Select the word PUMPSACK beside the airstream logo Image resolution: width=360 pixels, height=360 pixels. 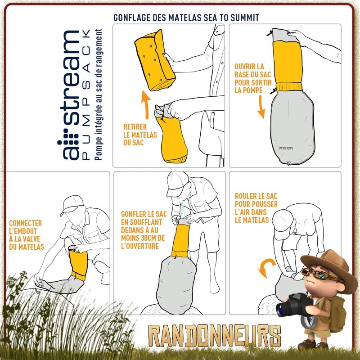(x=86, y=94)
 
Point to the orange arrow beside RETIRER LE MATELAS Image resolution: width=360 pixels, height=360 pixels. (x=145, y=105)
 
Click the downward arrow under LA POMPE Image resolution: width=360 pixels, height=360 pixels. (x=261, y=107)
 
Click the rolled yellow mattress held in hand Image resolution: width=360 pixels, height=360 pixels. (x=155, y=60)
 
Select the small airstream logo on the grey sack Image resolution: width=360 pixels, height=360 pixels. (x=286, y=148)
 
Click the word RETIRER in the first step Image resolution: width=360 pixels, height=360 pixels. (x=135, y=127)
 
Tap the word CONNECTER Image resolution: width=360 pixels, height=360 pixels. (x=26, y=223)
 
